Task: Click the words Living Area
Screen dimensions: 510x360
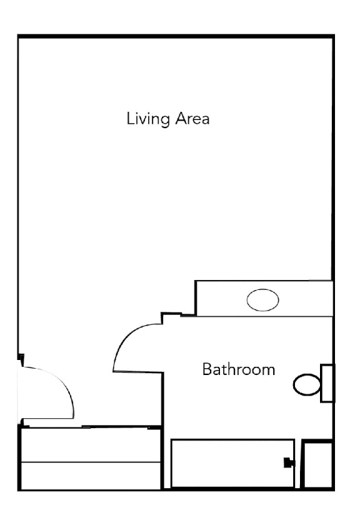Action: [167, 118]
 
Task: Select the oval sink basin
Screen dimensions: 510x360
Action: [262, 301]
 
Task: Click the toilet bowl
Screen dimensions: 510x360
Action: [306, 384]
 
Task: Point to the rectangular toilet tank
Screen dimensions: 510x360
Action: [327, 382]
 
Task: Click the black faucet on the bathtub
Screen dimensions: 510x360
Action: [288, 463]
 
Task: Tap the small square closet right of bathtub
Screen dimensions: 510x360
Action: [317, 464]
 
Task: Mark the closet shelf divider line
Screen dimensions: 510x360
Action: [91, 462]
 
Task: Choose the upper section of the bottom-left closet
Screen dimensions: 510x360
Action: [91, 446]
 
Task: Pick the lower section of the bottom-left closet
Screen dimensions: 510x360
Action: [91, 476]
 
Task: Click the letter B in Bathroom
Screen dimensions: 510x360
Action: [207, 369]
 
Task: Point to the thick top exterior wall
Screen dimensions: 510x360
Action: [175, 35]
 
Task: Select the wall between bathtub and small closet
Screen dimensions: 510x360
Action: [298, 464]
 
